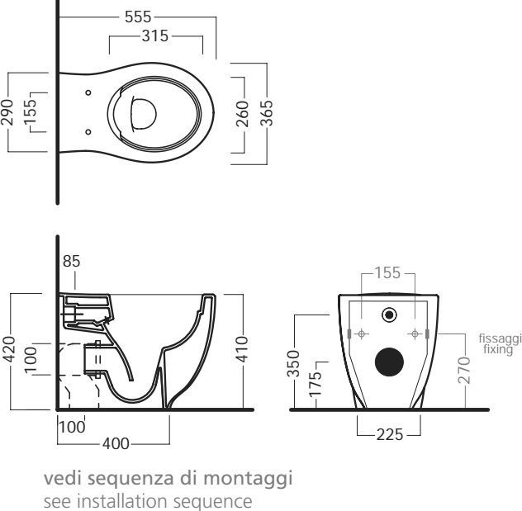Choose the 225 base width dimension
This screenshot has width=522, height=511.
pyautogui.click(x=389, y=434)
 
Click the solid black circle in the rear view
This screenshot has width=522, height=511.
pyautogui.click(x=390, y=363)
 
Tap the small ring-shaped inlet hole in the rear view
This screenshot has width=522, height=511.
pyautogui.click(x=389, y=314)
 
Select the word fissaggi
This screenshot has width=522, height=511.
pyautogui.click(x=500, y=338)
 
